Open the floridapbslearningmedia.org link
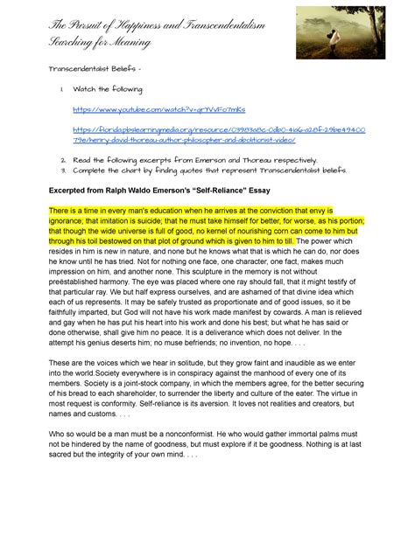coord(219,129)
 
